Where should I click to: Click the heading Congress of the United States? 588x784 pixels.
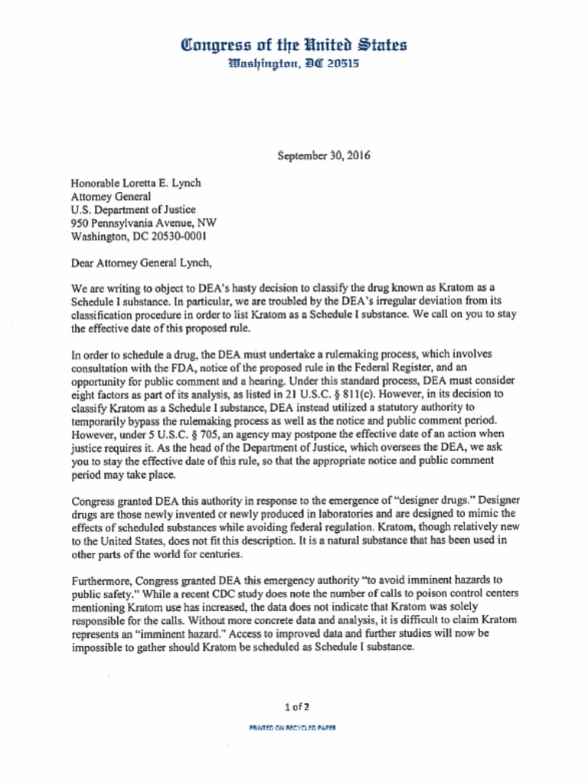(x=294, y=44)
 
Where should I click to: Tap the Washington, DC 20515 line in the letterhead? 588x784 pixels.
(x=294, y=63)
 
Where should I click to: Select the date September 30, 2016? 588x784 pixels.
(x=324, y=155)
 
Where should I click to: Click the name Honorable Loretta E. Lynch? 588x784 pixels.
(x=136, y=183)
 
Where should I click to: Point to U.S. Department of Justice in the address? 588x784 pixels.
(x=133, y=209)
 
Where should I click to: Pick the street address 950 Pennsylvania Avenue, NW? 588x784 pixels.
(x=143, y=223)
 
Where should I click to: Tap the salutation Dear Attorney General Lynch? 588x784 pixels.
(x=140, y=263)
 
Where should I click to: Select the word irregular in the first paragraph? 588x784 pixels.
(x=391, y=302)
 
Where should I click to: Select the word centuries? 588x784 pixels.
(x=218, y=554)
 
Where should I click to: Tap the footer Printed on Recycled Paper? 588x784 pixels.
(x=292, y=727)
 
